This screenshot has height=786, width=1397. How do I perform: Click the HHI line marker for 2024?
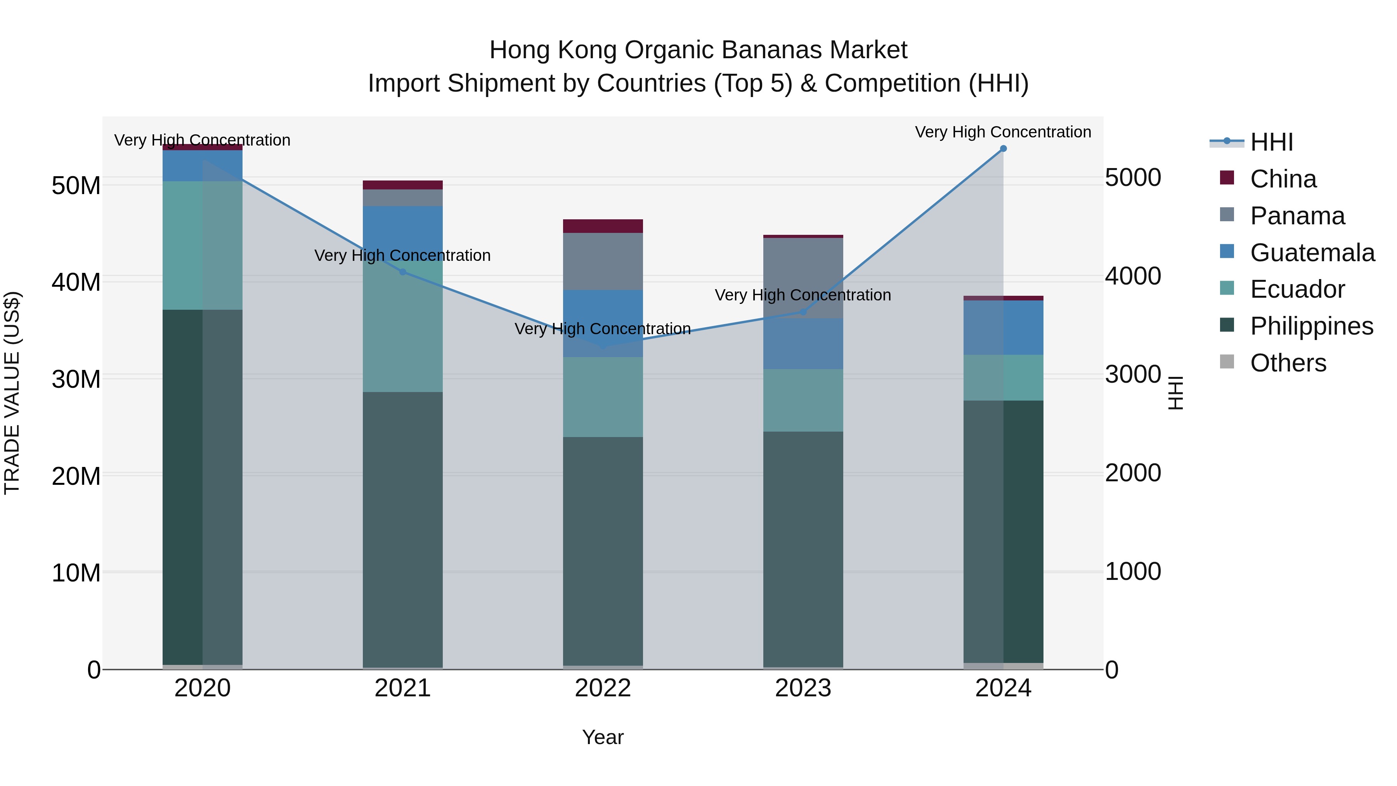click(1003, 148)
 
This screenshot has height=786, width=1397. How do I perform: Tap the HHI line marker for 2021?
click(402, 272)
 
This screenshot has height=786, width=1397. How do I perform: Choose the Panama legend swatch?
click(1227, 215)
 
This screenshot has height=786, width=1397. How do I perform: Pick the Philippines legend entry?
click(1311, 326)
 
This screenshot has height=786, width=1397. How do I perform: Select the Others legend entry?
click(1288, 363)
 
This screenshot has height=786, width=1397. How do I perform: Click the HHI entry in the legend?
click(1271, 142)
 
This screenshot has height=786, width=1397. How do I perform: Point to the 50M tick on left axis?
click(76, 186)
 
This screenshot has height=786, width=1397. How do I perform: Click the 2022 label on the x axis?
click(603, 688)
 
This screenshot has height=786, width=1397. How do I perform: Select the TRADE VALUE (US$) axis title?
click(12, 393)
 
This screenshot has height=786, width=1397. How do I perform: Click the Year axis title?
click(603, 737)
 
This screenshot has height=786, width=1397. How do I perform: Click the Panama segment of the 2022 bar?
click(603, 262)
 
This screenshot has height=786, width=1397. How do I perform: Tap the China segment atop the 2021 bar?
click(402, 185)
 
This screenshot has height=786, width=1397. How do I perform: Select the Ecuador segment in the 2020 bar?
click(202, 245)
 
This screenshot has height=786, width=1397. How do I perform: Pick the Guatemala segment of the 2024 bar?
click(1003, 328)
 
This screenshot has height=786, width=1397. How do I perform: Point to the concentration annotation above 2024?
click(1003, 132)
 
